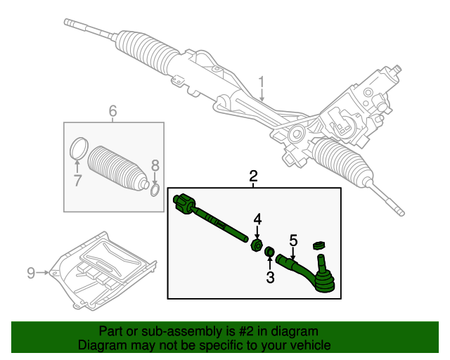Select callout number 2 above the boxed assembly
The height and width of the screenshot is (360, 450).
253,176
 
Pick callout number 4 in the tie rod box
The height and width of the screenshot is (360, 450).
257,219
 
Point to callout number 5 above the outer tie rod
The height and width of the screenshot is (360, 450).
294,240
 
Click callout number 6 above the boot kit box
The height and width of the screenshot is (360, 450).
112,111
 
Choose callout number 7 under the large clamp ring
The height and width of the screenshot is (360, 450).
78,180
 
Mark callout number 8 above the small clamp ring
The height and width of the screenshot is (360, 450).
155,166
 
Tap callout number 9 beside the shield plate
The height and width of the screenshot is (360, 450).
31,272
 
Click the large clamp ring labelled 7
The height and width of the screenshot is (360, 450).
79,148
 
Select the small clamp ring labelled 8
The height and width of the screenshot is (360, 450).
155,189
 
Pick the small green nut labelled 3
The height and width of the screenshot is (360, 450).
269,253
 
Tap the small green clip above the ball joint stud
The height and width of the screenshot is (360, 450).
318,245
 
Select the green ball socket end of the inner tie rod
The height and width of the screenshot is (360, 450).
184,202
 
